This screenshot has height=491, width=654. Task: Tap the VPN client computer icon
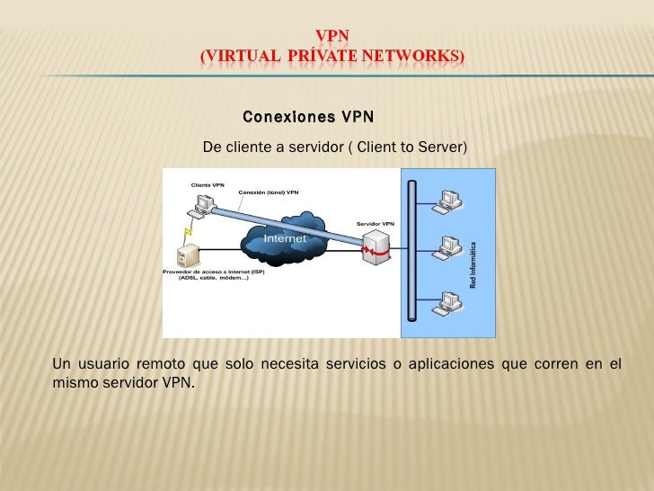point(203,205)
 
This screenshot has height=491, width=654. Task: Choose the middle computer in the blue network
point(445,246)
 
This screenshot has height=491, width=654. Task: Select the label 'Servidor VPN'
point(375,223)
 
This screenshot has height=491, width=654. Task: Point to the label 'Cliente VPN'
point(207,184)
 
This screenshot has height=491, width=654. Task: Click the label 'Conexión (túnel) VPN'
point(268,192)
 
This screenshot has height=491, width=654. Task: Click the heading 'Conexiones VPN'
point(308,118)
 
